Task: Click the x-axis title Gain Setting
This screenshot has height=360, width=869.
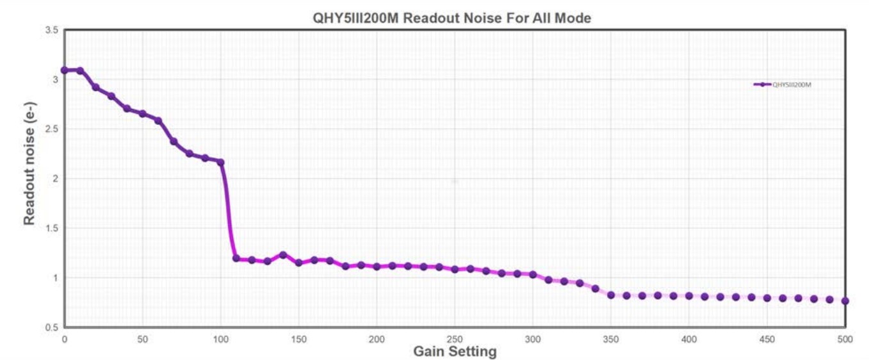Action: coord(455,351)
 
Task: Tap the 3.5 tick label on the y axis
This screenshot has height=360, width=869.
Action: coord(51,30)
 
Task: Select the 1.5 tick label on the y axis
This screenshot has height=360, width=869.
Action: coord(51,228)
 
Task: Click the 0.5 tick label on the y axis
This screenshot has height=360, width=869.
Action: coord(51,327)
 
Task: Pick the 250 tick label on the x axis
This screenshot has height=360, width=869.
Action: coord(455,339)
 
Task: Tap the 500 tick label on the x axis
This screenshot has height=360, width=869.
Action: coord(845,339)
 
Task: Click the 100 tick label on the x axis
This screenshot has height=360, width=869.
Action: coord(220,339)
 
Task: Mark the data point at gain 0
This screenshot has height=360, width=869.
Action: coord(64,70)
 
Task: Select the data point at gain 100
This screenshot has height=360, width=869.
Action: coord(220,162)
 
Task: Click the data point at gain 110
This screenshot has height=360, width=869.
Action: coord(236,259)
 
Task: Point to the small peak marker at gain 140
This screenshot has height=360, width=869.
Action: coord(283,255)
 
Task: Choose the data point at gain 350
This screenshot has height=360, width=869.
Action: coord(611,295)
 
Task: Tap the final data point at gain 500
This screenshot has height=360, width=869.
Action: coord(845,300)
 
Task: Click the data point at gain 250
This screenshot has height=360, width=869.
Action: coord(455,269)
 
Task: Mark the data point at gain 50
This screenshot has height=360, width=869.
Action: coord(142,114)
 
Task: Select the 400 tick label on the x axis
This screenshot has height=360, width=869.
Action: coord(689,339)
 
